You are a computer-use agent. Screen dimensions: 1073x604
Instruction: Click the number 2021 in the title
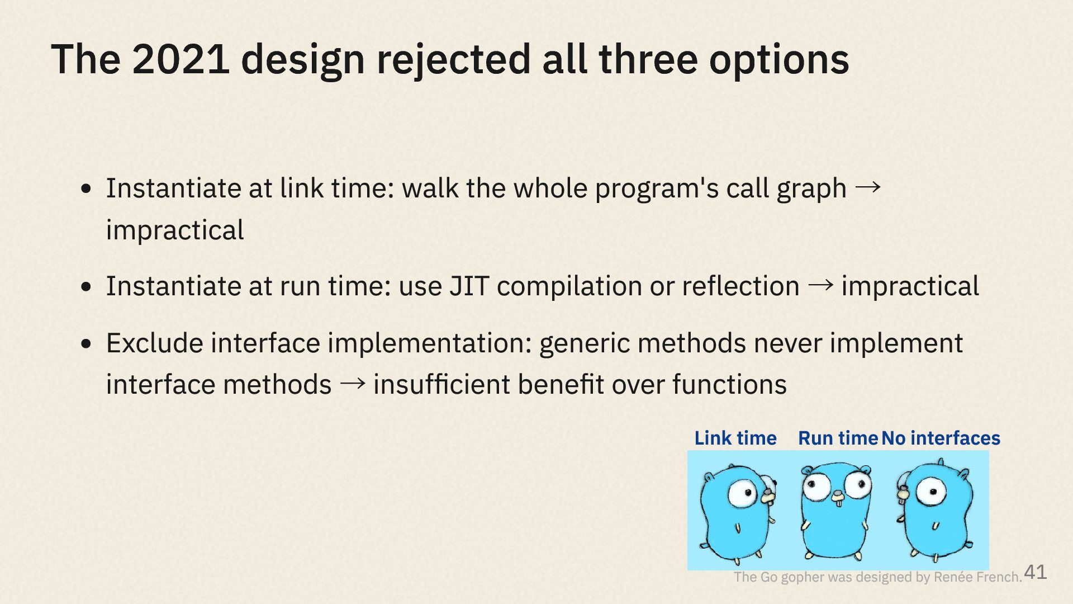[x=181, y=59]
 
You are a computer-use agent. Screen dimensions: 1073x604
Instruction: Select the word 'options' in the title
[x=779, y=62]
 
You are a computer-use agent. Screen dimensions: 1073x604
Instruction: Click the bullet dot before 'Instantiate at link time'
[x=86, y=188]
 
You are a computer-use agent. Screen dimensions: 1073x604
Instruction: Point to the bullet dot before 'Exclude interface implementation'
[x=86, y=343]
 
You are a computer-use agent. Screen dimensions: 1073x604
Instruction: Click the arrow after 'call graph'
[x=868, y=187]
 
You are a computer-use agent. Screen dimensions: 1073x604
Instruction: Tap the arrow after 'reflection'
[x=820, y=285]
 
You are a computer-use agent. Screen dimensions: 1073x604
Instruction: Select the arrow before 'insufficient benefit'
[x=353, y=384]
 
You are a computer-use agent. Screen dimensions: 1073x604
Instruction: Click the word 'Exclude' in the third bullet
[x=155, y=343]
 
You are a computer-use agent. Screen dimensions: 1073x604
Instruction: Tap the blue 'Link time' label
[x=735, y=438]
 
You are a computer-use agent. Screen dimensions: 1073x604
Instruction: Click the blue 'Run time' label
[x=838, y=438]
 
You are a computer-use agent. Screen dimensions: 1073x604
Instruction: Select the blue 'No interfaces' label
[x=941, y=438]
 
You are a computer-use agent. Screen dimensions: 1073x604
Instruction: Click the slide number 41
[x=1036, y=572]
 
